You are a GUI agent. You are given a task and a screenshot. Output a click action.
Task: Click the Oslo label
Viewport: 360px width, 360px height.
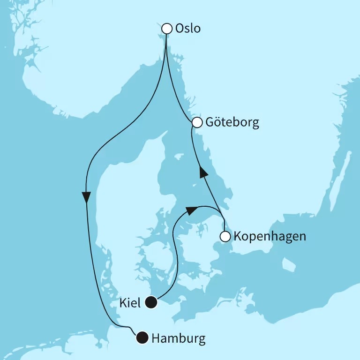pos(187,29)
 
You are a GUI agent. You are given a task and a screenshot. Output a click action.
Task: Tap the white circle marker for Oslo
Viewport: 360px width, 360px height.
pos(166,29)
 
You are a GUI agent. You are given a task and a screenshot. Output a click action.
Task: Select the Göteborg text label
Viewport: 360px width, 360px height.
pos(232,123)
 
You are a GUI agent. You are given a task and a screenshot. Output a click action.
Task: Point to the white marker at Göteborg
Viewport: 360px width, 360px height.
pos(197,123)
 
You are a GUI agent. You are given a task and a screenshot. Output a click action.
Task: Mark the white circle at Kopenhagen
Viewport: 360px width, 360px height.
pos(225,236)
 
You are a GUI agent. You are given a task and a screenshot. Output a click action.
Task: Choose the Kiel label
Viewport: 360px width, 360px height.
pos(130,303)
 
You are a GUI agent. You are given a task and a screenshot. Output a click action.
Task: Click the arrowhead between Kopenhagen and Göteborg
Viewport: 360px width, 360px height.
pos(202,172)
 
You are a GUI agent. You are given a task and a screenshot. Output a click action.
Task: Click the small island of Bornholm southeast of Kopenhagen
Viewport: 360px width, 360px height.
pos(290,265)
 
